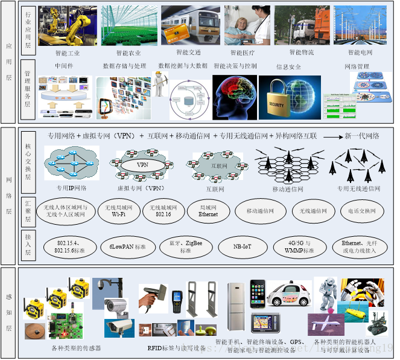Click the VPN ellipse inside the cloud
point(142,164)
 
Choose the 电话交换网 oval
point(362,211)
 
